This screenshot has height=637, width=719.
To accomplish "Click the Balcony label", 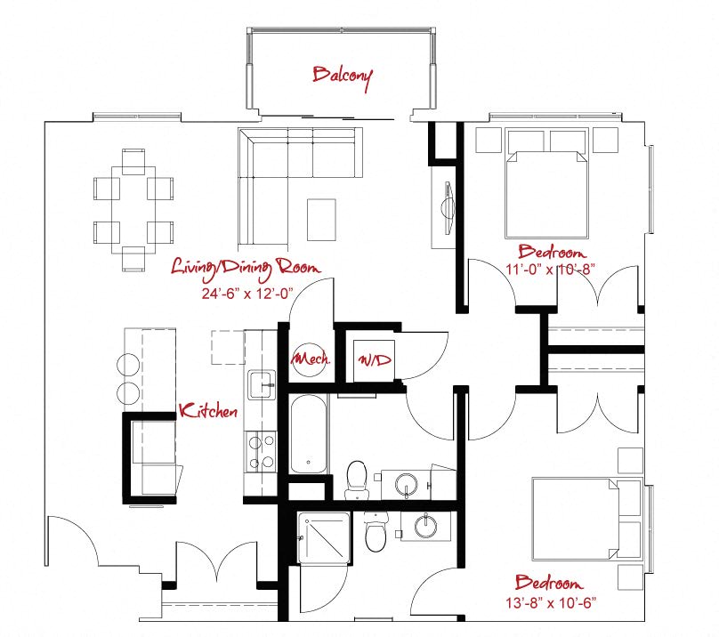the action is (343, 77).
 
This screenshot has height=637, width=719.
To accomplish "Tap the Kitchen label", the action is (208, 410).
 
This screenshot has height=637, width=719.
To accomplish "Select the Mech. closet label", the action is (311, 358).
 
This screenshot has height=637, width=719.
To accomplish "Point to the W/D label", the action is (375, 359).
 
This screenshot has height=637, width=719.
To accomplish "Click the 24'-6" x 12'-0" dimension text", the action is (247, 294).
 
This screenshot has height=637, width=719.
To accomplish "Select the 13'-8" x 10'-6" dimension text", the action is (551, 602).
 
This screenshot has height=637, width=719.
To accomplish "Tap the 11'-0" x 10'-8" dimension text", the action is (550, 269).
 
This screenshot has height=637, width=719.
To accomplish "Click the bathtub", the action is (309, 434).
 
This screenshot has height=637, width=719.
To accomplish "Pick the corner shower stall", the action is (323, 538).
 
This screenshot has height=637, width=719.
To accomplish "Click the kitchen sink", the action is (262, 384).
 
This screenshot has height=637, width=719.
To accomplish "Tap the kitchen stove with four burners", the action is (261, 452).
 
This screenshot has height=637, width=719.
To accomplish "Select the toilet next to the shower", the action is (376, 532).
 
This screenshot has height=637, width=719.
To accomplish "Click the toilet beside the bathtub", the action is (357, 480).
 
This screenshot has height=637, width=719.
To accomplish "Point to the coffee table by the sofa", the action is (321, 220).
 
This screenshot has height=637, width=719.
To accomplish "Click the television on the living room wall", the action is (448, 209).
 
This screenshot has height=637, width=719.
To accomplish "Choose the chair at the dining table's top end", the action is (133, 161).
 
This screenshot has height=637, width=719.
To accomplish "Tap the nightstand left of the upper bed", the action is (489, 140).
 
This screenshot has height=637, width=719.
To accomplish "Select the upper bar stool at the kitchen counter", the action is (129, 365).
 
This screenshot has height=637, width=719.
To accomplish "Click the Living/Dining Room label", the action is (246, 269).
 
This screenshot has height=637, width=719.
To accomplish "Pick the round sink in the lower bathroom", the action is (426, 525).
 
